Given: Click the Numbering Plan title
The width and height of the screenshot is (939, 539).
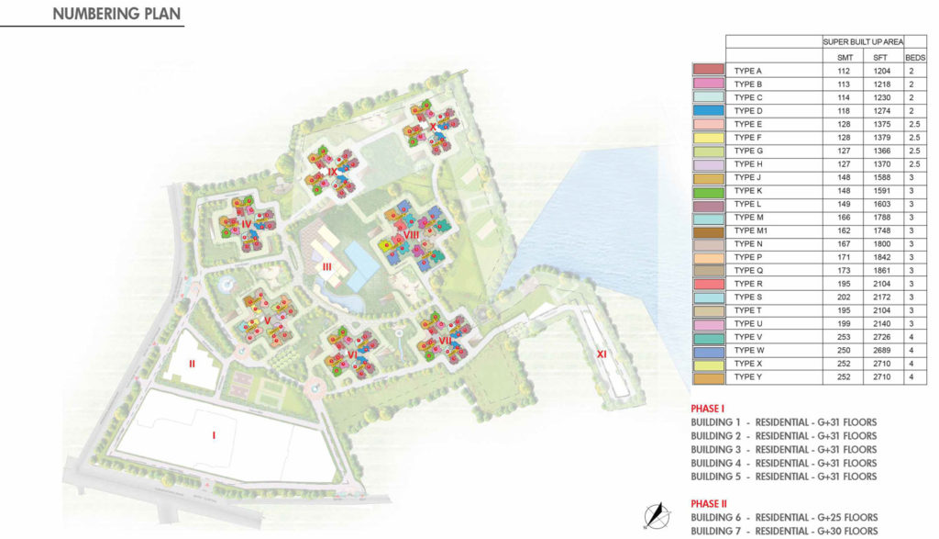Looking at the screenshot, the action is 116,14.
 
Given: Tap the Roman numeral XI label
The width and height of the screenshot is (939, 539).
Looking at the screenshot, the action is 602,353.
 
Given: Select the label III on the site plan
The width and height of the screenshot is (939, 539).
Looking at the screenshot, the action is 326,267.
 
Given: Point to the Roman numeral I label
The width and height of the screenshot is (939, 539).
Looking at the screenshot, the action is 214,434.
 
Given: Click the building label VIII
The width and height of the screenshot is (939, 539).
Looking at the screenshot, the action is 411,235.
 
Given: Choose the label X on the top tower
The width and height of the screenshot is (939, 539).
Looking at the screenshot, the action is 433,127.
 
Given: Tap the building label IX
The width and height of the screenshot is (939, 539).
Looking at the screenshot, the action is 332,172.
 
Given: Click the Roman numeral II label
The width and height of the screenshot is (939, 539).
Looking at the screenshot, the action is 192,364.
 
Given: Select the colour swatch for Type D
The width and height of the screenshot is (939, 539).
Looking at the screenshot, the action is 709,110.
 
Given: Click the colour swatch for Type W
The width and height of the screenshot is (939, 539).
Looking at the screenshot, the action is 709,352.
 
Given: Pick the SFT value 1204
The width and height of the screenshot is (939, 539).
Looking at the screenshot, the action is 880,71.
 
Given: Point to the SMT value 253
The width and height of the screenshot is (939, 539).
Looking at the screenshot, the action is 845,338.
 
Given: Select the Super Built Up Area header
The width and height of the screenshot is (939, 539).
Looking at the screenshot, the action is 863,42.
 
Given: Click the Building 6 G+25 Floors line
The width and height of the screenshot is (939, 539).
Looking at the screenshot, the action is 784,518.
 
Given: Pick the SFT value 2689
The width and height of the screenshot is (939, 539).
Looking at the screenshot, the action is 880,352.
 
